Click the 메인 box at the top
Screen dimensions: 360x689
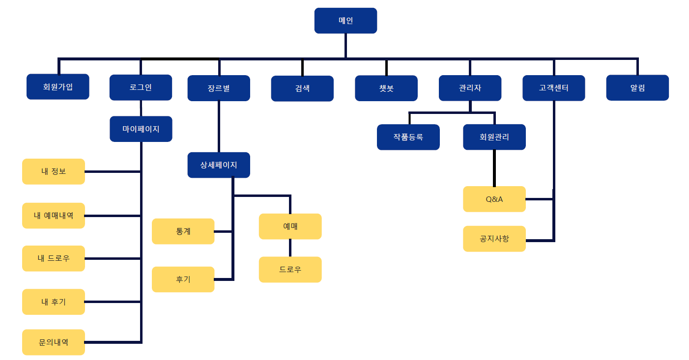pos(345,21)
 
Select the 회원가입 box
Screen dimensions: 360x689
pos(57,87)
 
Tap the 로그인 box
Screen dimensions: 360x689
pos(141,87)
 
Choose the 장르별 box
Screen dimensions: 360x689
pos(219,88)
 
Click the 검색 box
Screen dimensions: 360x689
pos(302,88)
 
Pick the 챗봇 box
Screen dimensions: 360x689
pos(386,88)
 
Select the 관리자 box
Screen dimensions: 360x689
pos(470,88)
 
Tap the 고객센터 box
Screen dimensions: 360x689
pos(553,88)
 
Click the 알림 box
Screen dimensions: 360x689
pos(637,88)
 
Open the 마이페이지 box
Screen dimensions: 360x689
pos(141,129)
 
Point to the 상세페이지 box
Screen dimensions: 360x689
pos(219,165)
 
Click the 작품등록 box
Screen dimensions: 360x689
pos(408,137)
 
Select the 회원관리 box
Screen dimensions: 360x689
pos(494,137)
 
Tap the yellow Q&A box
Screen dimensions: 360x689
pos(494,199)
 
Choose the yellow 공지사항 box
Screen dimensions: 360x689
pos(494,239)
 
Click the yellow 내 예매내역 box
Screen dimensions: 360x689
pos(53,216)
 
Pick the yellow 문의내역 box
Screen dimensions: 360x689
pos(53,342)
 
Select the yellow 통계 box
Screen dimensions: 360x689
pos(183,231)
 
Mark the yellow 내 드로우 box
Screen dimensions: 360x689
pos(53,258)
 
